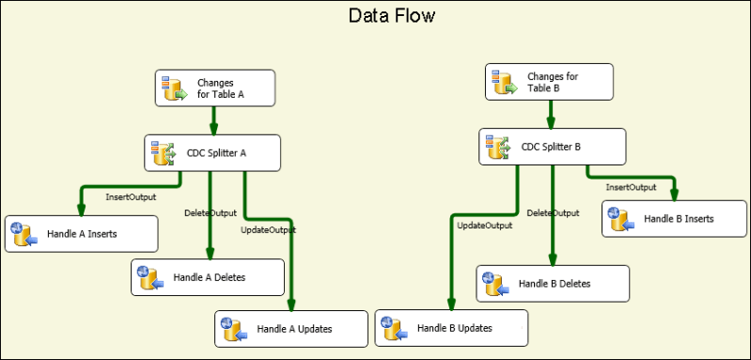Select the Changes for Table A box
pyautogui.click(x=214, y=88)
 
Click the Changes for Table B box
pyautogui.click(x=550, y=82)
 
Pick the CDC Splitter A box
pyautogui.click(x=213, y=152)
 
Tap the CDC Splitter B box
pyautogui.click(x=553, y=147)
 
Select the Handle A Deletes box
pyautogui.click(x=208, y=277)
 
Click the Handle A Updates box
pyautogui.click(x=291, y=329)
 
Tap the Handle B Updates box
pyautogui.click(x=452, y=328)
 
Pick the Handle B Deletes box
pyautogui.click(x=553, y=283)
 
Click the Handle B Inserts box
pyautogui.click(x=677, y=219)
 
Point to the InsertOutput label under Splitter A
pyautogui.click(x=131, y=197)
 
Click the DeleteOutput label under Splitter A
pyautogui.click(x=210, y=214)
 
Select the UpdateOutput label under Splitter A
pyautogui.click(x=269, y=229)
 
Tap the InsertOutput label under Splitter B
pyautogui.click(x=630, y=187)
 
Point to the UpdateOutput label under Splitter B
pyautogui.click(x=484, y=226)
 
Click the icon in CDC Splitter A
pyautogui.click(x=164, y=152)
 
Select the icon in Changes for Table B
pyautogui.click(x=506, y=82)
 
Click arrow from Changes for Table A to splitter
pyautogui.click(x=214, y=120)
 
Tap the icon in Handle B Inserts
pyautogui.click(x=620, y=219)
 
